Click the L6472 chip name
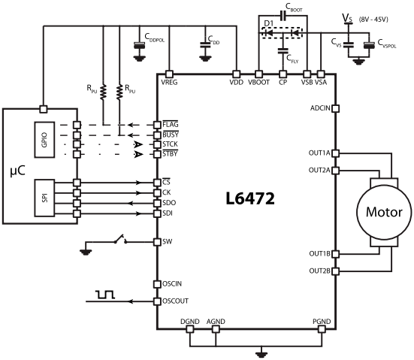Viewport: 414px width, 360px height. pos(250,198)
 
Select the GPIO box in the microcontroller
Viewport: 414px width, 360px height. pos(44,140)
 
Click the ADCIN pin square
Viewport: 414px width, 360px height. pos(335,108)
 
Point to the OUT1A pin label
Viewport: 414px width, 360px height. pos(319,153)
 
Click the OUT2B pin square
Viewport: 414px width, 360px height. pos(335,271)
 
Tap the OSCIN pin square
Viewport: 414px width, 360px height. pos(157,284)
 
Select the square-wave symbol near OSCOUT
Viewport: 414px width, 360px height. pos(105,295)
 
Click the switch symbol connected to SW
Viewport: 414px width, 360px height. pos(120,239)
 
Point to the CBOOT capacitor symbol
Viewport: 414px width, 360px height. pos(283,16)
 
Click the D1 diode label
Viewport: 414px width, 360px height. pos(269,23)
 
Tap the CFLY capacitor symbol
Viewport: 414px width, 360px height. pos(283,50)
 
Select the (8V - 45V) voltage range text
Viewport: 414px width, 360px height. pos(373,20)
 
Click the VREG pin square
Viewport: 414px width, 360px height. pos(169,74)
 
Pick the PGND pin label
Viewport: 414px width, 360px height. pos(322,322)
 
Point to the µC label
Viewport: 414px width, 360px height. pos(18,171)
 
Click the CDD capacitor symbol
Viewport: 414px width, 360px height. pos(205,44)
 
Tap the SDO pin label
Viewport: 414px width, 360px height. pos(169,203)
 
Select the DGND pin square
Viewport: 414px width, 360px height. pos(190,329)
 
